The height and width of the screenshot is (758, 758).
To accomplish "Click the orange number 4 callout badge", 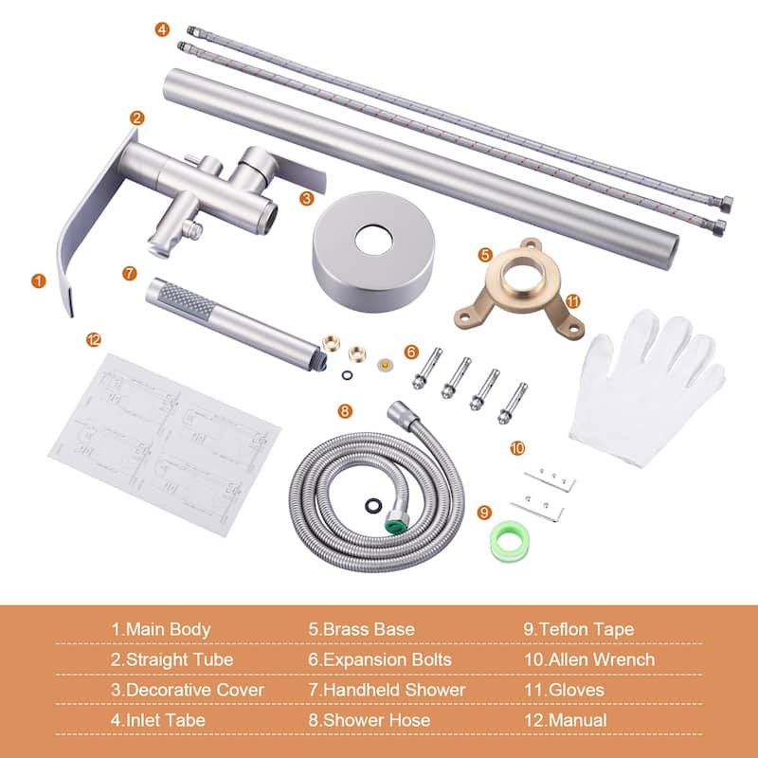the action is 162,29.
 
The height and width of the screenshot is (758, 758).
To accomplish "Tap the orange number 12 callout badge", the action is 93,340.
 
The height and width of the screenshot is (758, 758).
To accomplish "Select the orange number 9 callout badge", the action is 484,513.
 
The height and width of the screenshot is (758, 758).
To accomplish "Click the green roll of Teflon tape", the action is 510,541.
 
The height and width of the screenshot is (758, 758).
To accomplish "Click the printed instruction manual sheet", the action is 164,444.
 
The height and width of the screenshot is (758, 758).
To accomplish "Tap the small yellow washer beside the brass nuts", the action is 385,365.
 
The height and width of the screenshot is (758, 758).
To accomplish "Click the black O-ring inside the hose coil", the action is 373,505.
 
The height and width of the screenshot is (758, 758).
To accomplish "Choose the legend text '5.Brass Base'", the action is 362,629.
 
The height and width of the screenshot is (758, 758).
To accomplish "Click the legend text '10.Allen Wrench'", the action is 589,659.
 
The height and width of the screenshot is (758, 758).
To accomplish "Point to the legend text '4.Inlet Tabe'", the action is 158,720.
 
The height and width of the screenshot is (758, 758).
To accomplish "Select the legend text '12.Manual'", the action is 565,720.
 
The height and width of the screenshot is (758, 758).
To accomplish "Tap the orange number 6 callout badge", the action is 411,352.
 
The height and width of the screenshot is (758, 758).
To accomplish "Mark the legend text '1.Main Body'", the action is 161,629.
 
